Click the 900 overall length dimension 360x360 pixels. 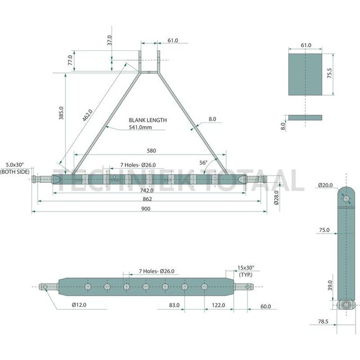tap(146, 208)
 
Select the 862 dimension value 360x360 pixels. tap(147, 199)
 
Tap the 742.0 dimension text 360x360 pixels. tap(147, 191)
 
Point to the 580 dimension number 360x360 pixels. tap(151, 151)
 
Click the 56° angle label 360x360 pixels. tap(203, 162)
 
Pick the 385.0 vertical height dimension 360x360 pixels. tap(61, 113)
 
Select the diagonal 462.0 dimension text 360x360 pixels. tap(88, 115)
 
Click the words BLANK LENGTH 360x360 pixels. tap(148, 120)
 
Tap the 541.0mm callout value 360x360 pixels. tap(140, 127)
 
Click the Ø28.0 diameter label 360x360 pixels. tap(276, 198)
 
